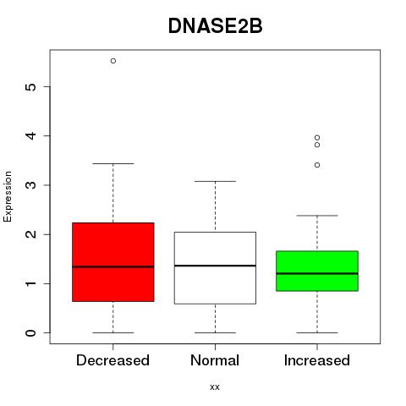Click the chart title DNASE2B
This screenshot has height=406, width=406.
[x=216, y=26]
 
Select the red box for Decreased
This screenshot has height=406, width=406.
[x=113, y=262]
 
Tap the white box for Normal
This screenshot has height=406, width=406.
[x=215, y=268]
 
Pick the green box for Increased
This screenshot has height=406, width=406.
[x=317, y=271]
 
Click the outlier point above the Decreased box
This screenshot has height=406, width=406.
[x=113, y=61]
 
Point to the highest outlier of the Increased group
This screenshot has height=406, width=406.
[x=317, y=138]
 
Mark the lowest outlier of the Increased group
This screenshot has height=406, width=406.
[x=317, y=165]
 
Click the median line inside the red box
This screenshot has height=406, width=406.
[x=113, y=266]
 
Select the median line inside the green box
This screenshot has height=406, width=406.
[x=317, y=273]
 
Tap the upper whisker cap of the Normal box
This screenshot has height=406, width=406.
[x=215, y=181]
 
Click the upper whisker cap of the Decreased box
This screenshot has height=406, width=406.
[x=113, y=163]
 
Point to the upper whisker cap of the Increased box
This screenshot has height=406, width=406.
[x=317, y=216]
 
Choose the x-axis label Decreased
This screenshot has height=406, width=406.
[x=112, y=360]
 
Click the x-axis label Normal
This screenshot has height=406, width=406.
[x=215, y=360]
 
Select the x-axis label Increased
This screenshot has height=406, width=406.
[x=317, y=360]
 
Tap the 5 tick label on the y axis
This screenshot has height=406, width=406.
[x=31, y=86]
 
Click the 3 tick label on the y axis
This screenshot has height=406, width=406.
[x=31, y=185]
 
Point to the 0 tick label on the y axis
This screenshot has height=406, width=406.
[x=31, y=333]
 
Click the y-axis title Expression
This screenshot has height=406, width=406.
[x=8, y=197]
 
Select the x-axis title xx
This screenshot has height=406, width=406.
[x=215, y=387]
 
